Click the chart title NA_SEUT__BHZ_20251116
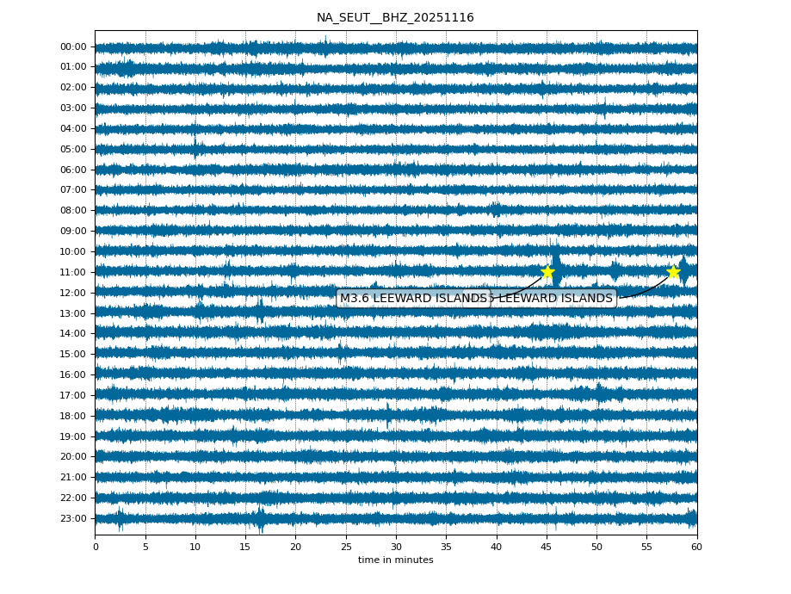coord(395,18)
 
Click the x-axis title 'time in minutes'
coord(395,560)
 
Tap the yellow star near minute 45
coord(547,272)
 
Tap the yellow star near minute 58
coord(673,272)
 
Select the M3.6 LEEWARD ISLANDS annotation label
coord(413,299)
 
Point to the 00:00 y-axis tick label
coord(74,46)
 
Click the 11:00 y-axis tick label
coord(74,272)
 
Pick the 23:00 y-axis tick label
coord(74,518)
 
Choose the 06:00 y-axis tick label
coord(74,170)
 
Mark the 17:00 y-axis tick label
coord(74,395)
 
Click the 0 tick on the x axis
coord(96,547)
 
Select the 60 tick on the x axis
coord(696,547)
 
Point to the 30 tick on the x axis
coord(396,547)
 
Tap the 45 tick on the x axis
coord(546,547)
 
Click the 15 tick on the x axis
coord(245,547)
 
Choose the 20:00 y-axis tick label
coord(74,456)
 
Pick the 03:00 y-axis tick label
coord(74,108)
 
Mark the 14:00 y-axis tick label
coord(74,333)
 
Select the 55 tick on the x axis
coord(646,547)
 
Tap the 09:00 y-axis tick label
coord(74,231)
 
